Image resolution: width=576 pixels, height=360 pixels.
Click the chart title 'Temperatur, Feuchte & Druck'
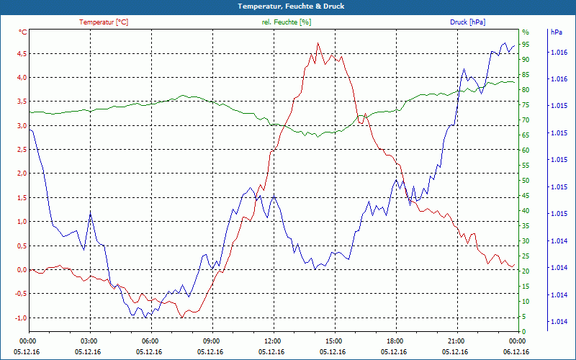click(287, 6)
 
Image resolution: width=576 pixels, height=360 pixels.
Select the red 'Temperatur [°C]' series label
click(104, 22)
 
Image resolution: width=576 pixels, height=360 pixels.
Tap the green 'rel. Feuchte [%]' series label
click(287, 22)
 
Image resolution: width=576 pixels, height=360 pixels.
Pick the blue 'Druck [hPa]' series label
click(467, 22)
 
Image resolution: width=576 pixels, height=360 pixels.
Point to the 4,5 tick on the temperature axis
click(21, 53)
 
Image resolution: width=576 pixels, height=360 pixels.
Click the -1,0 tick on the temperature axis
click(20, 318)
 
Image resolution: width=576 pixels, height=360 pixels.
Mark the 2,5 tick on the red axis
click(21, 150)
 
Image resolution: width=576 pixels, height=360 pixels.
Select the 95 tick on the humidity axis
click(526, 45)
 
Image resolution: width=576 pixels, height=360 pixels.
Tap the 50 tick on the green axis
click(526, 181)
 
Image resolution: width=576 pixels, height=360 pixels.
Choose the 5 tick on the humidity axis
click(524, 317)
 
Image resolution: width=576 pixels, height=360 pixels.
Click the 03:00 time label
click(89, 341)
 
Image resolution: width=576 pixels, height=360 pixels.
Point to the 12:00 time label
click(273, 341)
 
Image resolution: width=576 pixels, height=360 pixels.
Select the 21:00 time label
click(456, 341)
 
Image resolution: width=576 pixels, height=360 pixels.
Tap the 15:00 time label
click(334, 341)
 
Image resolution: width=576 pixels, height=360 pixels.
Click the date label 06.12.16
click(517, 351)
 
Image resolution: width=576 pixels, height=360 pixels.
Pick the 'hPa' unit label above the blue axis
click(557, 32)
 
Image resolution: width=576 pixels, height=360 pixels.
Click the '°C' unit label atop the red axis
click(23, 32)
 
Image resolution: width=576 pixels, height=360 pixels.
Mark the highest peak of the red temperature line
click(318, 43)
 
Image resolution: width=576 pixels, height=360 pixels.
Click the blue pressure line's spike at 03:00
click(90, 213)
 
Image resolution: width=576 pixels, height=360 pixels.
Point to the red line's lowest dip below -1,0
click(182, 318)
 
